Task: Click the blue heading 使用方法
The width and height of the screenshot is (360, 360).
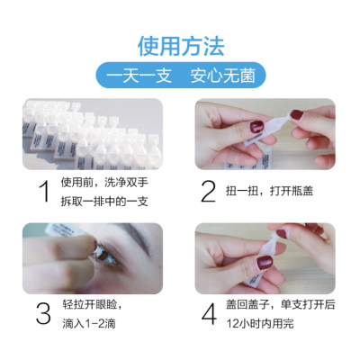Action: (181, 47)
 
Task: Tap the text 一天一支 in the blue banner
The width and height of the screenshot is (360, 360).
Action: (139, 76)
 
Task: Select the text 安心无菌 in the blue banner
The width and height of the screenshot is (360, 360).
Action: (223, 76)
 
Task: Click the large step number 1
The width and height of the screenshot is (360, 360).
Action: (45, 191)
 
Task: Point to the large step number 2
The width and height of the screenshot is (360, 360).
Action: (208, 191)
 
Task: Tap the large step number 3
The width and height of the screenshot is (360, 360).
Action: (43, 313)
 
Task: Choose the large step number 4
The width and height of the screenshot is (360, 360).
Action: (209, 313)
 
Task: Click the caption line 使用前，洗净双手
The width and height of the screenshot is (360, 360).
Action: (104, 183)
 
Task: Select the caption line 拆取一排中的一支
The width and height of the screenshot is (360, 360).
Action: (104, 202)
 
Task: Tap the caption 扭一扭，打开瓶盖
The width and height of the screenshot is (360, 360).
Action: (269, 191)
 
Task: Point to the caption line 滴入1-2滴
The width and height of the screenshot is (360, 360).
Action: (89, 324)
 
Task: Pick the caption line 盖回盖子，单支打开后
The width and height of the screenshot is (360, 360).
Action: (281, 304)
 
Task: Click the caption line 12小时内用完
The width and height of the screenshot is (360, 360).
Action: (260, 324)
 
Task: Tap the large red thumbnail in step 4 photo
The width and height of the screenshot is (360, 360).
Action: (265, 263)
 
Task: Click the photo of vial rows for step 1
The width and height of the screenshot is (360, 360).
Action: (93, 134)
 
